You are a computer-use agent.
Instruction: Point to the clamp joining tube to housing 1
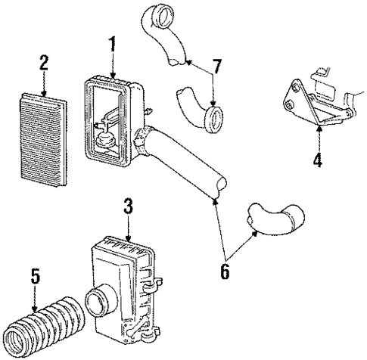[x=139, y=141]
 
